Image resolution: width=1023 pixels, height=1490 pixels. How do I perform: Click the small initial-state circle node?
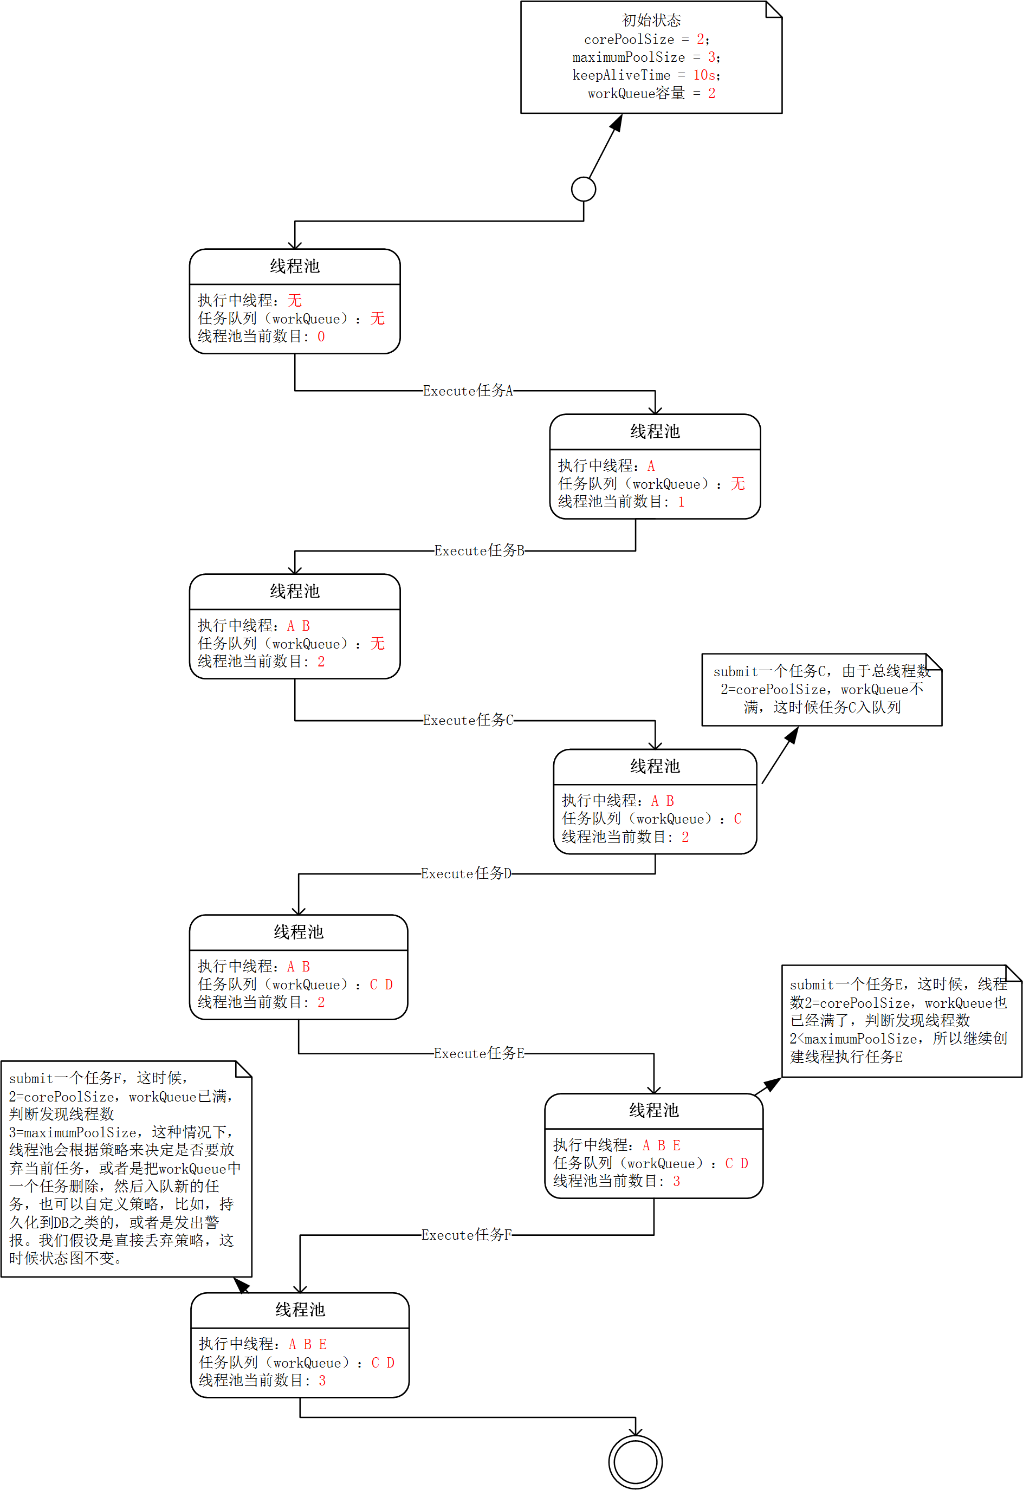(583, 189)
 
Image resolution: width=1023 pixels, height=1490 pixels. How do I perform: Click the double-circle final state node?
(635, 1462)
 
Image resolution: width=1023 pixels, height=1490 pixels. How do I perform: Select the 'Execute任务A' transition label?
(468, 391)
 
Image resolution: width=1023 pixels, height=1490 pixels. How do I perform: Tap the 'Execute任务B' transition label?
(479, 550)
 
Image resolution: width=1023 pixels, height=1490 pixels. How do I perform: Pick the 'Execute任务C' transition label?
(468, 720)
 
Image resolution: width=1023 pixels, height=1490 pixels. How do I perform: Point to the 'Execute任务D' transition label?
(466, 873)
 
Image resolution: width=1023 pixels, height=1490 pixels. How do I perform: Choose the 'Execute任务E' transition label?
(479, 1053)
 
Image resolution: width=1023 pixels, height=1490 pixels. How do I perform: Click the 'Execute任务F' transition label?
(466, 1235)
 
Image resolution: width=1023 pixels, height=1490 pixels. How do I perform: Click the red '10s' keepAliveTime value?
(704, 75)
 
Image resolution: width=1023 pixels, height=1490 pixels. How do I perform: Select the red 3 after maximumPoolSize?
(711, 57)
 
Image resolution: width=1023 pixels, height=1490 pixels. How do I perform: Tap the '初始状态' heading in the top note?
(651, 21)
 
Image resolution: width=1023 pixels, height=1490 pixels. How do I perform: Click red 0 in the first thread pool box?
(321, 336)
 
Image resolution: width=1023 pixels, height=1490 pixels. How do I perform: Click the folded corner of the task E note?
(1014, 973)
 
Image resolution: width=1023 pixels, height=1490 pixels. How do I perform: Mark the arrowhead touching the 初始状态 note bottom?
(617, 122)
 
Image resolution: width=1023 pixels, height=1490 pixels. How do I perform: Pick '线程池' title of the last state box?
(300, 1310)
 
